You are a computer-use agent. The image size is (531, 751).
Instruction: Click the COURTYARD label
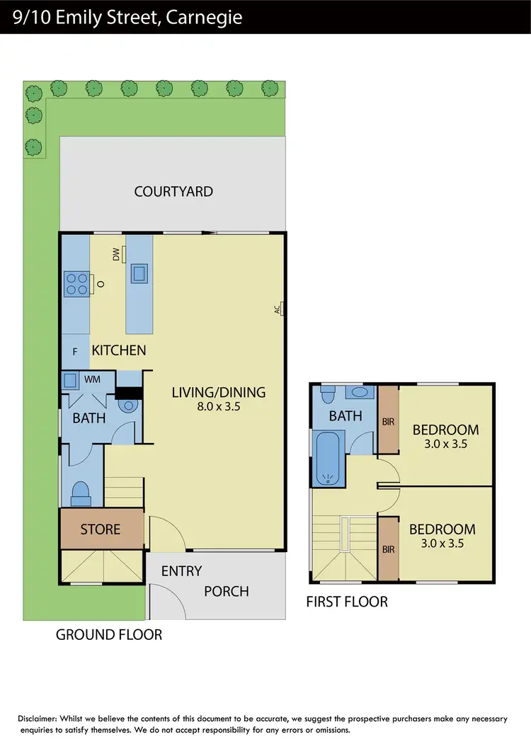(x=173, y=191)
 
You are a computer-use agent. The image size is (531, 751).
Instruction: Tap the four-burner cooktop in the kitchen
(x=76, y=284)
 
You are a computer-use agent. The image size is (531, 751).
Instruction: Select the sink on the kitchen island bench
(x=139, y=273)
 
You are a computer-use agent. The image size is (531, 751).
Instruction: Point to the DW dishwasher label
(x=115, y=255)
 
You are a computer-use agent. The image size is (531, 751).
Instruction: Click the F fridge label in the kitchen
(x=75, y=351)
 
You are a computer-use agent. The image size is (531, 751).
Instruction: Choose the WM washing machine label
(x=92, y=380)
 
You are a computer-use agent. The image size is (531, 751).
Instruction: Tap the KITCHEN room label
(x=119, y=350)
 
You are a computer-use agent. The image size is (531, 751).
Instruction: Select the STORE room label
(x=100, y=529)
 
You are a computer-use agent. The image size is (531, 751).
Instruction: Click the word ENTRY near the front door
(x=181, y=571)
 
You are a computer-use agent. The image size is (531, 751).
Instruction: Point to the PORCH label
(x=227, y=591)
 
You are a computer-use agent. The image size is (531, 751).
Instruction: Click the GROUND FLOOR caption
(x=109, y=635)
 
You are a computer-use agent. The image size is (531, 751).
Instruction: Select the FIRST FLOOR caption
(x=346, y=602)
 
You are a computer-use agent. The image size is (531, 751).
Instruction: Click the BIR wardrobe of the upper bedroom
(x=388, y=421)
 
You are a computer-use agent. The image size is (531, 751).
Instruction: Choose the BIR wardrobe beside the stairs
(x=388, y=548)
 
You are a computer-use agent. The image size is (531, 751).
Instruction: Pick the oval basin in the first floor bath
(x=360, y=391)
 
